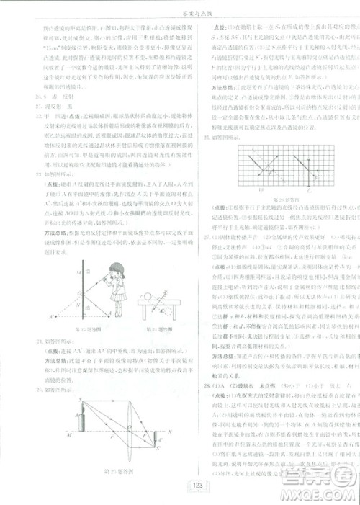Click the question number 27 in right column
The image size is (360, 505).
[189, 235]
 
